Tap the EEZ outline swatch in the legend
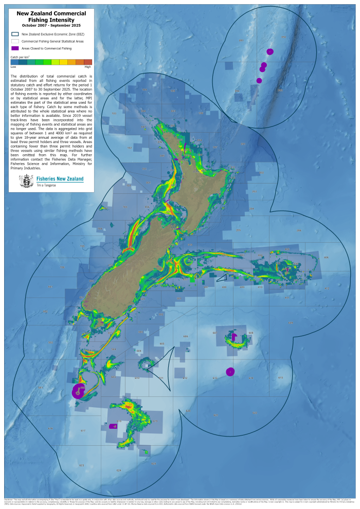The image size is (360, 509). [x=15, y=33]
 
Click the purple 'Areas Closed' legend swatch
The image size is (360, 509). [x=15, y=48]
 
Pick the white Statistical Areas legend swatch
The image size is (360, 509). [x=15, y=41]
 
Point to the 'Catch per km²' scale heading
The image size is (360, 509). [x=20, y=57]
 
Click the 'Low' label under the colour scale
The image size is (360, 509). [x=13, y=67]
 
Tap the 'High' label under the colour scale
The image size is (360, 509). [x=88, y=67]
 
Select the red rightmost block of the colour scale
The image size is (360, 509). [x=88, y=62]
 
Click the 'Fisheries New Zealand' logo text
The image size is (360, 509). [x=60, y=179]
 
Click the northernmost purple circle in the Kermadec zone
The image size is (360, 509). [x=270, y=51]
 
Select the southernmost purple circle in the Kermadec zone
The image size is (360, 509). [x=259, y=80]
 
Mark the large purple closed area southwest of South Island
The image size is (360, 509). [x=78, y=391]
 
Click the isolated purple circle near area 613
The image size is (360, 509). [x=230, y=371]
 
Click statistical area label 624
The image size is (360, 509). [x=119, y=470]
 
